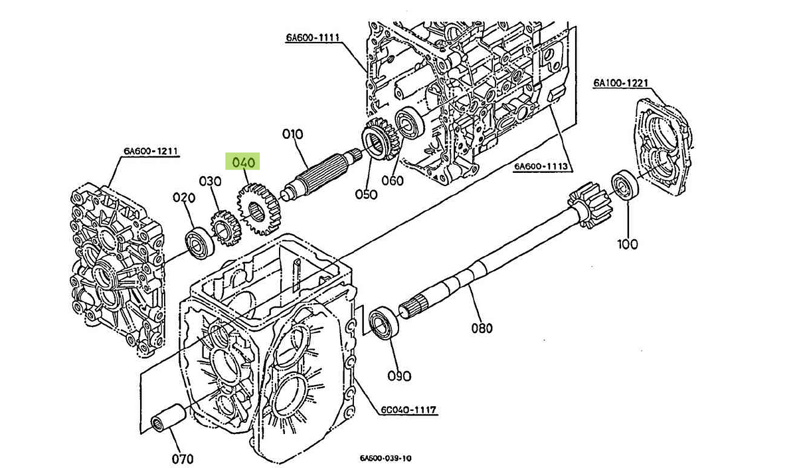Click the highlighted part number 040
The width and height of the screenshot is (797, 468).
pos(242,162)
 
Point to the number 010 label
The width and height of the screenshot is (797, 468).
pos(292,134)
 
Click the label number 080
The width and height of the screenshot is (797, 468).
pos(482,328)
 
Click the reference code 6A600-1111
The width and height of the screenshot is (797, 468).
pos(313,38)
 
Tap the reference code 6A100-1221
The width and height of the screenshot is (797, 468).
pos(620,83)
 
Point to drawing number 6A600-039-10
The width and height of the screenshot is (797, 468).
pos(386,459)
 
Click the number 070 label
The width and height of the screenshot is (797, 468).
pos(183,458)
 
